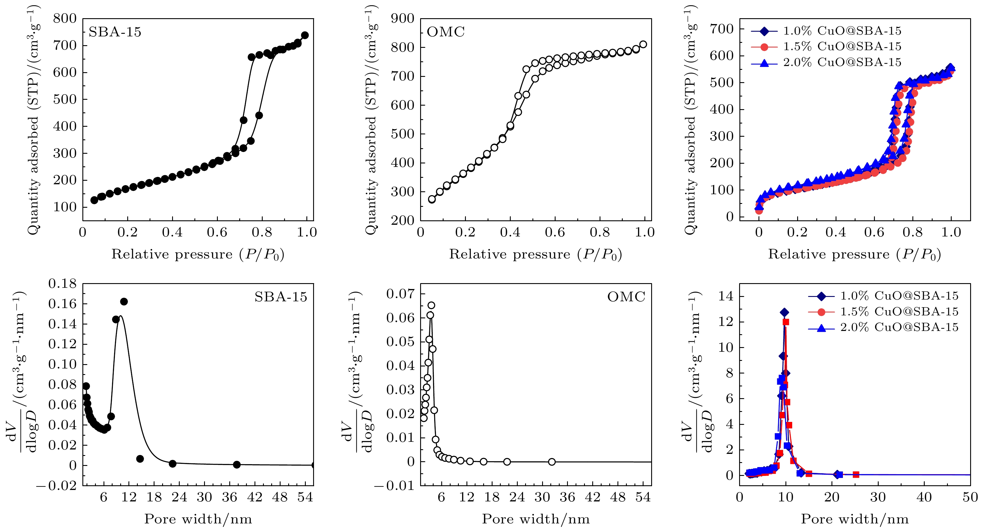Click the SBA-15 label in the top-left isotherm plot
pyautogui.click(x=115, y=32)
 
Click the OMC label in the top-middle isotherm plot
pyautogui.click(x=446, y=32)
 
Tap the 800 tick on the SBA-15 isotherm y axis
pyautogui.click(x=65, y=18)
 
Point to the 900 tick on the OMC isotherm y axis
pyautogui.click(x=403, y=18)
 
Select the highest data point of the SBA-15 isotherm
pyautogui.click(x=305, y=36)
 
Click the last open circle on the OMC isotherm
pyautogui.click(x=643, y=45)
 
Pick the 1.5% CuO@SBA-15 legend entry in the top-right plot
pyautogui.click(x=842, y=46)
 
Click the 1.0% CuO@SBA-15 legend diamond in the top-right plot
pyautogui.click(x=763, y=31)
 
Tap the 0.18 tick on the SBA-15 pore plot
pyautogui.click(x=62, y=283)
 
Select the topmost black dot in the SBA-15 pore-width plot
pyautogui.click(x=124, y=302)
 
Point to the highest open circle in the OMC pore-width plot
pyautogui.click(x=431, y=305)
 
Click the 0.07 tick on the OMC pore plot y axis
pyautogui.click(x=400, y=294)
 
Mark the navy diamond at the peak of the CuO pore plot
pyautogui.click(x=784, y=312)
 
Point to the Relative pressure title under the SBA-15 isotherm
pyautogui.click(x=198, y=254)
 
